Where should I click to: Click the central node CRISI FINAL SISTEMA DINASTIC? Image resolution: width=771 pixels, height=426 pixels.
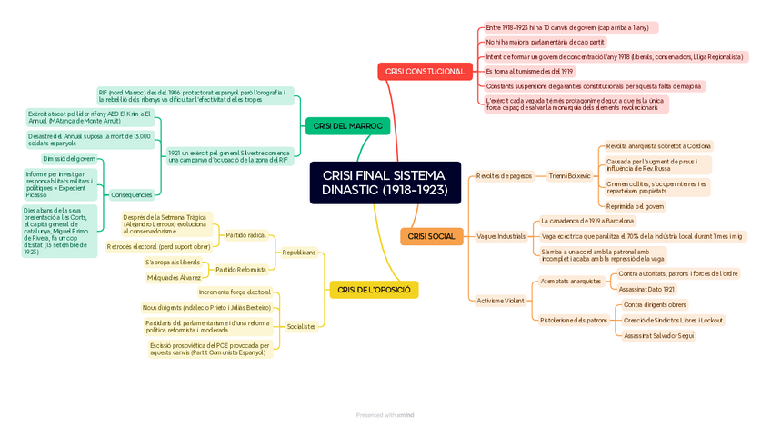click(x=385, y=183)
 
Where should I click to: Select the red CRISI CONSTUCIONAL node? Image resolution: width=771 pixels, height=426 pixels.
click(x=424, y=71)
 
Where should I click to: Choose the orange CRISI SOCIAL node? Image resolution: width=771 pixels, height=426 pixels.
click(x=431, y=236)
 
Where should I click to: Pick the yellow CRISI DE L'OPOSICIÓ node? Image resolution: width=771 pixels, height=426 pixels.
click(x=374, y=290)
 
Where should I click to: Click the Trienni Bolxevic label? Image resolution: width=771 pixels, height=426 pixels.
click(x=570, y=175)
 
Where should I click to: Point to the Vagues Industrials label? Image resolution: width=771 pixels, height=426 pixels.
click(x=501, y=236)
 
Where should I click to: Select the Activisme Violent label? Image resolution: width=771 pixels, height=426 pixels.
click(x=500, y=300)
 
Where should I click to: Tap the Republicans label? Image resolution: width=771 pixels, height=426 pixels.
click(x=299, y=253)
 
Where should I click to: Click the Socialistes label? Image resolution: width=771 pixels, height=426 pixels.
click(x=301, y=326)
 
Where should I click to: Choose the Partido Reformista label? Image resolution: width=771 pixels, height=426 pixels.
click(x=241, y=270)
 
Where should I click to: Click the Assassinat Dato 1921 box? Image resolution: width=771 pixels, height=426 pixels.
click(x=647, y=289)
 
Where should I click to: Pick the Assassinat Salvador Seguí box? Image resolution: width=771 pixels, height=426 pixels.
click(x=659, y=335)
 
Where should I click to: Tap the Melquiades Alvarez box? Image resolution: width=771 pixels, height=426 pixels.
click(x=174, y=277)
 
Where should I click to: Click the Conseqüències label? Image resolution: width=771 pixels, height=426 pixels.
click(x=131, y=194)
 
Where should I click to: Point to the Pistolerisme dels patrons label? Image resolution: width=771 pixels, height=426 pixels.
click(x=574, y=320)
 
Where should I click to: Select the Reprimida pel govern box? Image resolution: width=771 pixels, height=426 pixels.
click(x=636, y=206)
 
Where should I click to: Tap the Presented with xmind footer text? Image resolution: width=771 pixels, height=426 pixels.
click(x=385, y=415)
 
